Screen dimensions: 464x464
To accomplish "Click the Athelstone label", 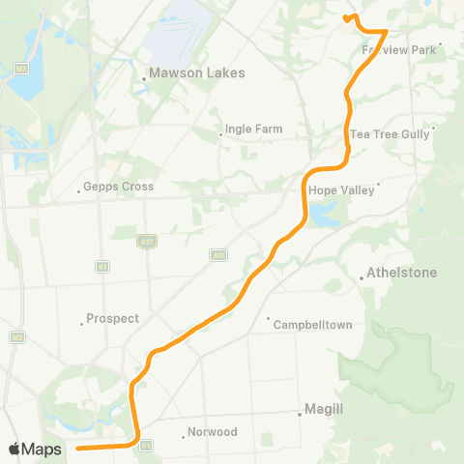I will (401, 274).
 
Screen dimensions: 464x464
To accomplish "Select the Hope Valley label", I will (340, 190).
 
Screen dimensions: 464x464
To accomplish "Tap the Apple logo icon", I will (14, 449).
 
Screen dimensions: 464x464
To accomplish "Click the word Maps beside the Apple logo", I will (43, 449).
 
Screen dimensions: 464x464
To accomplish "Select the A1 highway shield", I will (101, 266).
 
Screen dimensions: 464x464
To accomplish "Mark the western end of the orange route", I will (77, 449).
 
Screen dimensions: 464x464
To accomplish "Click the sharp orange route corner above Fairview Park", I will (387, 31).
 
